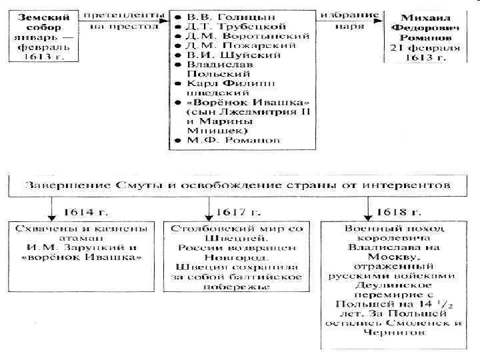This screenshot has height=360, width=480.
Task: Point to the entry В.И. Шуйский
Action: coord(211,55)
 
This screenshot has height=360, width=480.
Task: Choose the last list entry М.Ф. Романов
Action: coord(215,141)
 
